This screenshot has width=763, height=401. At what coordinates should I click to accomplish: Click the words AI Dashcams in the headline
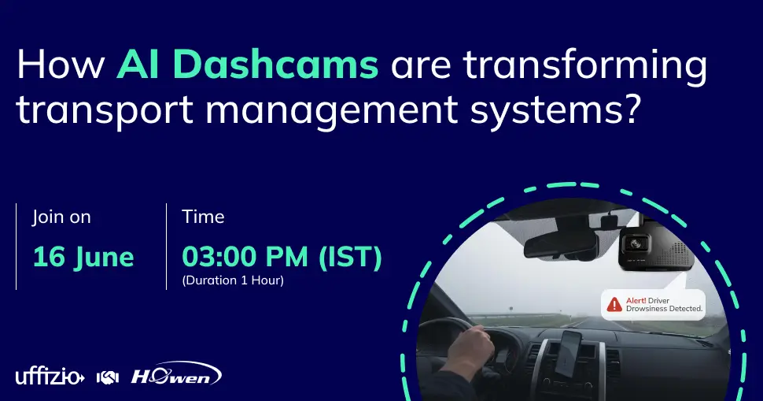point(247,65)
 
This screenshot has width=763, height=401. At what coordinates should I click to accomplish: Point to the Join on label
point(61,217)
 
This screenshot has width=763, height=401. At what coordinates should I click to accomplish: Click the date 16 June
point(83,257)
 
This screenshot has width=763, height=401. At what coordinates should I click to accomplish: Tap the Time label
point(203,217)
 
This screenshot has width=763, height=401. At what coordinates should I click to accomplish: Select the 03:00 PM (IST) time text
point(282,257)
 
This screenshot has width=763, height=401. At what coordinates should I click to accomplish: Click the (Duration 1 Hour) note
point(232,280)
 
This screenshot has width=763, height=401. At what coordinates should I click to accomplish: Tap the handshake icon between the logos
point(107,377)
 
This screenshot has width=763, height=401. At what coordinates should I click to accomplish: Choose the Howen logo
point(175,374)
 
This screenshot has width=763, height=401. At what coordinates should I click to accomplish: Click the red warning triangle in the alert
point(614,304)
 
